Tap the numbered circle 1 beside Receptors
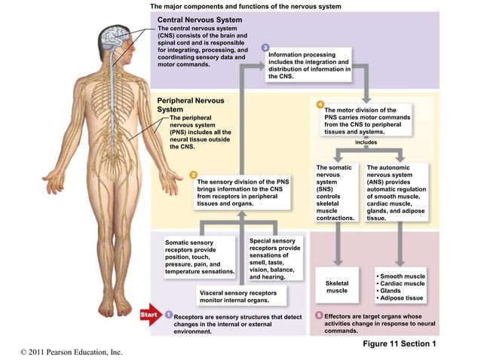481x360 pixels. pos(169,315)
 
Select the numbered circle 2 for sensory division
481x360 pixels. pos(193,174)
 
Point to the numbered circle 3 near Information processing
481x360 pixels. pos(265,48)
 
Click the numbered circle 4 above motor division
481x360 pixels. pos(320,103)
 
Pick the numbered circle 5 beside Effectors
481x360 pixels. pos(319,315)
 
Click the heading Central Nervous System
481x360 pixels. pos(199,20)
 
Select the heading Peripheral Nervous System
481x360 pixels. pos(190,105)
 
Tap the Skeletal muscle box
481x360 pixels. pos(336,286)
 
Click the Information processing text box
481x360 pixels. pos(309,66)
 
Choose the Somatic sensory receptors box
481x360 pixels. pos(200,257)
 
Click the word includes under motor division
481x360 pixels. pos(366,142)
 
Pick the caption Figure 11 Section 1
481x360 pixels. pos(399,343)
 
